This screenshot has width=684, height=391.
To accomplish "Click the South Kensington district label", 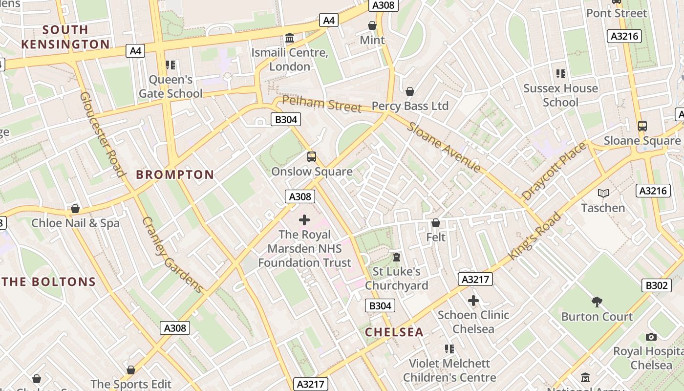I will [x=65, y=37].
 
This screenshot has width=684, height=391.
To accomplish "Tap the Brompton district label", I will [x=175, y=174].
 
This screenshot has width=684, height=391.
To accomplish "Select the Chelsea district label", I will [x=394, y=332].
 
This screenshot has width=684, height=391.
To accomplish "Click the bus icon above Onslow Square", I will [x=312, y=157].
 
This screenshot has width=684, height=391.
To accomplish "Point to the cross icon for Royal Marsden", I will [x=304, y=220].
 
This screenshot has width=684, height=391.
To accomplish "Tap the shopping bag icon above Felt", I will [x=436, y=223].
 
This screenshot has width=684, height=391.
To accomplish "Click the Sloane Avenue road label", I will [x=444, y=147].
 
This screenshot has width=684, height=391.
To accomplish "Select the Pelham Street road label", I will [x=322, y=104].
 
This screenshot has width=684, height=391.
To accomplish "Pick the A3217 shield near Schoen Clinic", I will [x=475, y=279].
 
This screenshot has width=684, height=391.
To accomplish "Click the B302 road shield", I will [x=656, y=285].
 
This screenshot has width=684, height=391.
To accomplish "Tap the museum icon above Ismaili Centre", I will [x=290, y=38].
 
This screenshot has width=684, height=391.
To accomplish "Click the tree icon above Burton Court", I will [x=597, y=302].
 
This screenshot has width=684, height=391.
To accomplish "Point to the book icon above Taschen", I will [x=603, y=193].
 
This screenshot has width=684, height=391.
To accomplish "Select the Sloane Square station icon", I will [x=642, y=126].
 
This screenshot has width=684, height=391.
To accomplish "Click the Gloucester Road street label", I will [x=102, y=134].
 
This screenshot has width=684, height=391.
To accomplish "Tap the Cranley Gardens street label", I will [x=172, y=254].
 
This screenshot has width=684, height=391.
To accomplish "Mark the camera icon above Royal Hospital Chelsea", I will [x=651, y=337].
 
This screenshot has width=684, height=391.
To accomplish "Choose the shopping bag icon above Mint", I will [x=372, y=25].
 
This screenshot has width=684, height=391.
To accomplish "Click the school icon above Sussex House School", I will [x=560, y=74].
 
